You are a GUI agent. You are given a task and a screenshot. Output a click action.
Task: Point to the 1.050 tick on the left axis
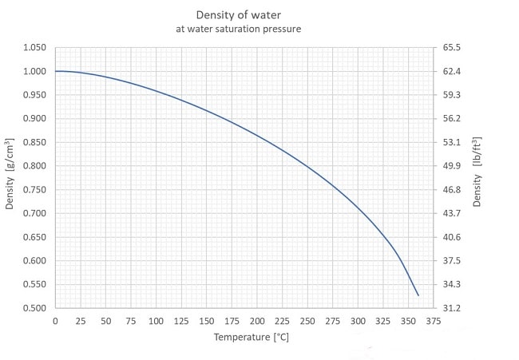coord(35,48)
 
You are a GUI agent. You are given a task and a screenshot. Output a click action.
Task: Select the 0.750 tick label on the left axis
coord(35,190)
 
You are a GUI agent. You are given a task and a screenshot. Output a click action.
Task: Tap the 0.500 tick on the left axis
coord(35,308)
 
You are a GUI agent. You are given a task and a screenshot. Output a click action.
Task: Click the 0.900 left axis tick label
coord(35,119)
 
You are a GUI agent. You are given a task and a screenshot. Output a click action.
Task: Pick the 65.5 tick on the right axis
coord(453,48)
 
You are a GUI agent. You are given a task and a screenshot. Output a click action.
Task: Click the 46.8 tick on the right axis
coord(453,190)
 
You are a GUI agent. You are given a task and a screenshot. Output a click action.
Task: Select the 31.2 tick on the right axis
coord(453,308)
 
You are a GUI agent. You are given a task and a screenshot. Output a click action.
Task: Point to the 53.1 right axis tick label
coord(453,142)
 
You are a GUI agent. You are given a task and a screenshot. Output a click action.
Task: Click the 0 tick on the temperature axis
coord(55,321)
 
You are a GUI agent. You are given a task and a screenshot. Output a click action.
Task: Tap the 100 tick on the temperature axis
coord(156,321)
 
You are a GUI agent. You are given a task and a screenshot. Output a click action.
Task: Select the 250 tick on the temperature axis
coord(307,321)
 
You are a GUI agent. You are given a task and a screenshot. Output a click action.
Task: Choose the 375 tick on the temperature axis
coord(433,321)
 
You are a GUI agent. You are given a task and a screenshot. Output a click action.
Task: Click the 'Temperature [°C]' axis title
coord(251,337)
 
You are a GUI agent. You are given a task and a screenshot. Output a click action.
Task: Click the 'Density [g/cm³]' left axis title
coord(10,177)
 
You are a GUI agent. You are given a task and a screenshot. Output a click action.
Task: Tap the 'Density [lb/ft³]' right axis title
coord(477,177)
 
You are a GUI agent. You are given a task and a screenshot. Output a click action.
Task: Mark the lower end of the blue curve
coord(418,295)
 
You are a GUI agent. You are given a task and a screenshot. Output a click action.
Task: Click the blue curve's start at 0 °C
coord(56,71)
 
